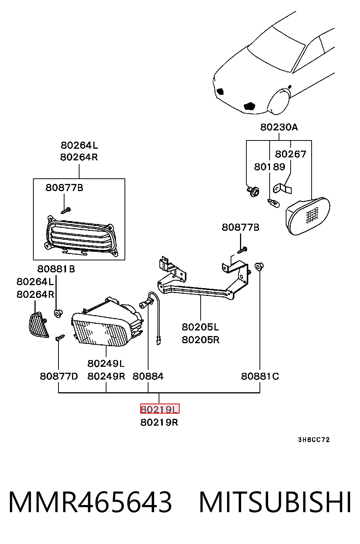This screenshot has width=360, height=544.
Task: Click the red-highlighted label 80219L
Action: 160,409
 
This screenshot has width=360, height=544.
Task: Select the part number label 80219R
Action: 159,423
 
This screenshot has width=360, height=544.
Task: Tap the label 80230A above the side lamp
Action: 279,127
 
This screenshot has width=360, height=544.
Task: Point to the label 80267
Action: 291,154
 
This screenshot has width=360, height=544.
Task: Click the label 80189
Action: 270,167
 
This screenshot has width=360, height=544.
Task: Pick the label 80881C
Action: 260,376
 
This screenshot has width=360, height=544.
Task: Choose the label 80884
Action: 148,376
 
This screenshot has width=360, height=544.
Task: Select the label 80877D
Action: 59,376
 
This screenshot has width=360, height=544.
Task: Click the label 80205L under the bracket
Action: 200,327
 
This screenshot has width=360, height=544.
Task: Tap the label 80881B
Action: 56,269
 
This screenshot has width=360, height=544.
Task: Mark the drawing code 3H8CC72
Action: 314,439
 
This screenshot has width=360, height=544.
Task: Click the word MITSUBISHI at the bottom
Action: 275,502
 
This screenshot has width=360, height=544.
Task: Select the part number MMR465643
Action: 90,502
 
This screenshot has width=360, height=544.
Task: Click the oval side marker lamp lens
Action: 308,217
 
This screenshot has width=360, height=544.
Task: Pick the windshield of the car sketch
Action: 276,49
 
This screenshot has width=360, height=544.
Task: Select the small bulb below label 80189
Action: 274,203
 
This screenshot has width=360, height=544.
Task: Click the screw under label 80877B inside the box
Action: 66,210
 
